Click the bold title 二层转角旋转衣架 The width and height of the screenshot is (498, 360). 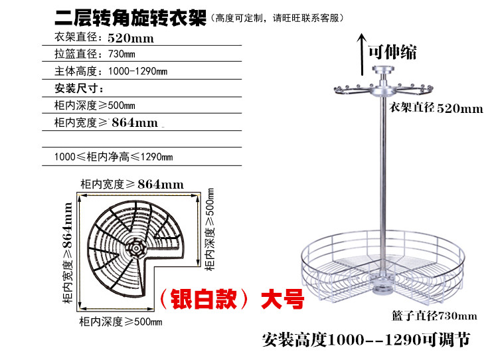point(131,18)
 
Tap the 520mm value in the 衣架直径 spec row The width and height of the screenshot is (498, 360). point(131,39)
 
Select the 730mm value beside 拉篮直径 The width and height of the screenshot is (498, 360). point(122,54)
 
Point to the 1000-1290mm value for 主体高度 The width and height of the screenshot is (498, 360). point(137,71)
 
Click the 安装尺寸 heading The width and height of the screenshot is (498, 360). point(79,88)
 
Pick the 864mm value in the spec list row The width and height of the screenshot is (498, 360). point(135,123)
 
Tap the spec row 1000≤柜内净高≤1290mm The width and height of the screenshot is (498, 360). point(114,157)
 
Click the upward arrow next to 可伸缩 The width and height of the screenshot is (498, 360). point(361,54)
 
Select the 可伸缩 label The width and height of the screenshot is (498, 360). point(392,52)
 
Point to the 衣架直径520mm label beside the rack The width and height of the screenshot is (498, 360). point(436,108)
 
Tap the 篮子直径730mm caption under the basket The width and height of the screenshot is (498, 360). point(434,316)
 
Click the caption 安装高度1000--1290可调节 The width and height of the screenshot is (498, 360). point(366,339)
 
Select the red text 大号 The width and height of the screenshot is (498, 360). point(282,299)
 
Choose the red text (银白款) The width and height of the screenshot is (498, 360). point(203,299)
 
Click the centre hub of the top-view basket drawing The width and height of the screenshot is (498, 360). point(136,248)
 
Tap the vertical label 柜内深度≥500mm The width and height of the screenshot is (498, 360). point(210,229)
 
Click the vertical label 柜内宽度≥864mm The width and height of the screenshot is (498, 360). point(68,252)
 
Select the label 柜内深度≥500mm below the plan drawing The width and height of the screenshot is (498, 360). point(121,321)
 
